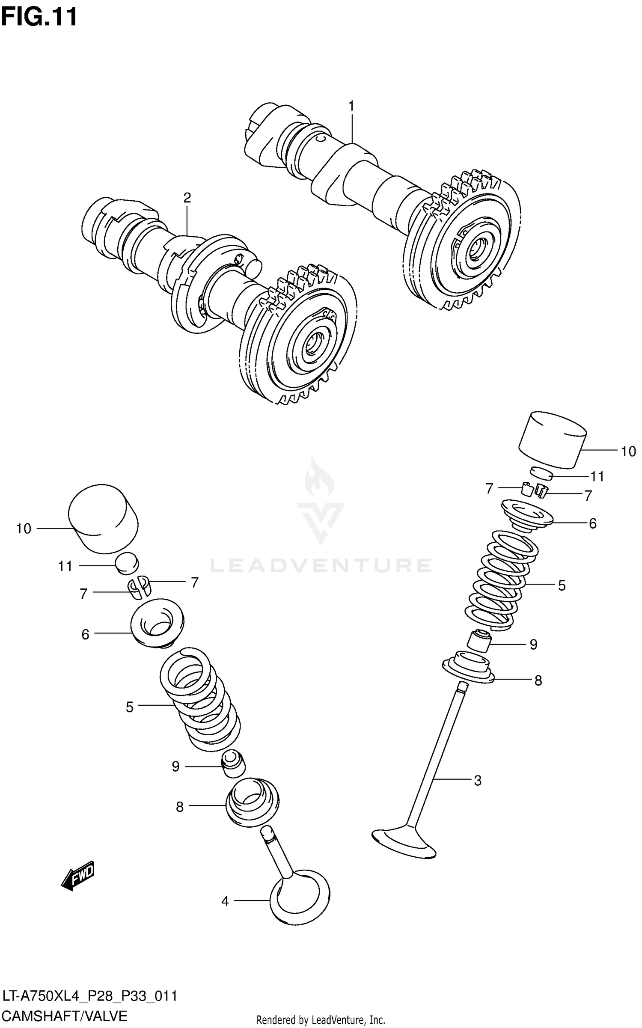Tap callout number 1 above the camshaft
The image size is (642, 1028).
pyautogui.click(x=351, y=106)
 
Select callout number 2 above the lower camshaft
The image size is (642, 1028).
pyautogui.click(x=187, y=198)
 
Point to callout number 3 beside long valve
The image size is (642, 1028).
pyautogui.click(x=478, y=781)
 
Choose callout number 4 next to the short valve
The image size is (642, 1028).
pyautogui.click(x=225, y=901)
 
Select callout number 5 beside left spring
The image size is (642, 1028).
pyautogui.click(x=130, y=707)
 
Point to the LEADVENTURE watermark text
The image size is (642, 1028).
pyautogui.click(x=321, y=565)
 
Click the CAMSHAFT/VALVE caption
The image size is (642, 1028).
pyautogui.click(x=65, y=1016)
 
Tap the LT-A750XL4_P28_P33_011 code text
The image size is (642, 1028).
pyautogui.click(x=90, y=996)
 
